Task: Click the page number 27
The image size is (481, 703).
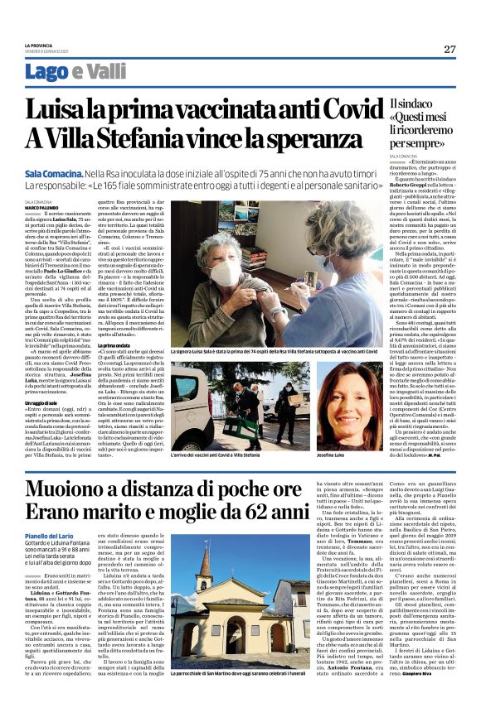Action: (450, 49)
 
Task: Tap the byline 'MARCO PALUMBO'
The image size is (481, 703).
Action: (41, 207)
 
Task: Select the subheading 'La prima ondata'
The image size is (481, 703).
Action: (119, 320)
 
